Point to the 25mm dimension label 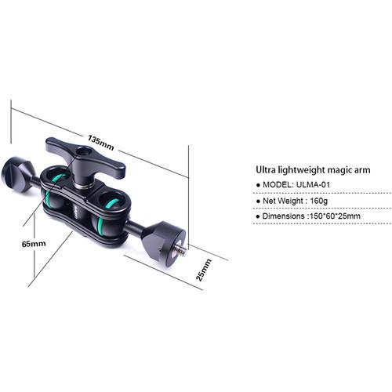point(205,271)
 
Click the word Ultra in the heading point(268,169)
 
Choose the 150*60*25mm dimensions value point(336,216)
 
